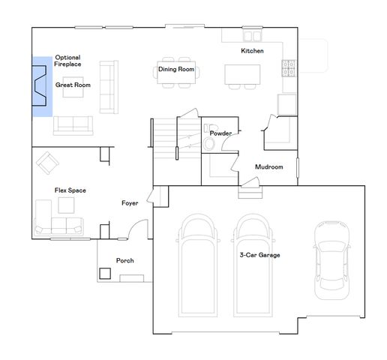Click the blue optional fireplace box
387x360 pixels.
click(x=41, y=87)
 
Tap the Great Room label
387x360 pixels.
click(x=73, y=85)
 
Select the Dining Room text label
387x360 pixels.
click(x=176, y=70)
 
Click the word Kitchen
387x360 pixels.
click(x=252, y=51)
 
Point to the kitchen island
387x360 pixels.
click(x=242, y=73)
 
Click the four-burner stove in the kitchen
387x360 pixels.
click(x=287, y=69)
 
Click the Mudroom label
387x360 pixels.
click(x=268, y=166)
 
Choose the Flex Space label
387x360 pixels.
click(x=70, y=190)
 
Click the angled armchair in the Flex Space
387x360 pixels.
click(x=49, y=161)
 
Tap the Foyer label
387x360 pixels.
click(x=130, y=203)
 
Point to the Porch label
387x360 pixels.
click(x=124, y=261)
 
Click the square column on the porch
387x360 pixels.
click(x=106, y=274)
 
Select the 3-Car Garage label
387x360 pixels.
click(x=259, y=255)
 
